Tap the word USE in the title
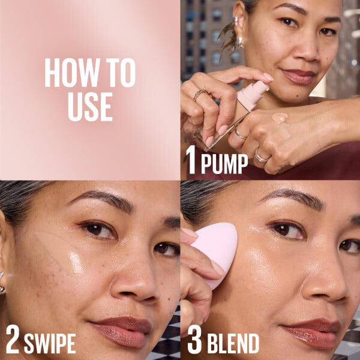tap(90, 106)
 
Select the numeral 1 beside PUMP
tap(191, 163)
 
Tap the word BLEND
tap(233, 343)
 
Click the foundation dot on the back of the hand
tap(279, 118)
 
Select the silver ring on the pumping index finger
tap(200, 95)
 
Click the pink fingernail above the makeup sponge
tap(188, 233)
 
